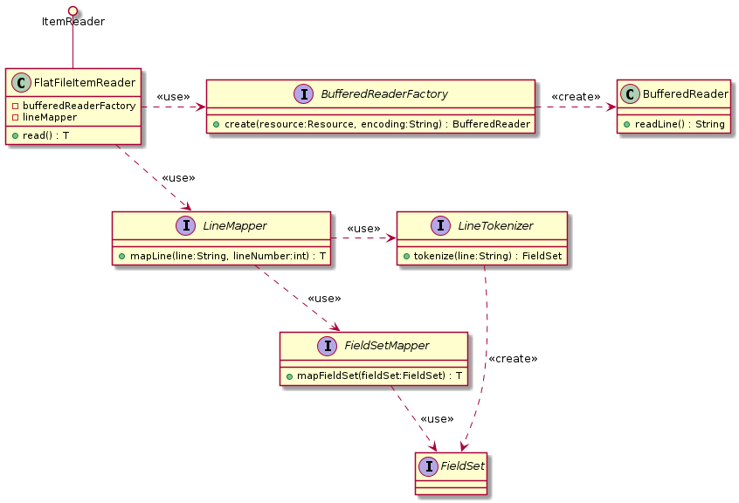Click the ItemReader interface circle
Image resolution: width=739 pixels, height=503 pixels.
point(73,10)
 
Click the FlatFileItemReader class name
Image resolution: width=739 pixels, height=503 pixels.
point(85,83)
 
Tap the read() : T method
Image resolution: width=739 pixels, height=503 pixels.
point(43,136)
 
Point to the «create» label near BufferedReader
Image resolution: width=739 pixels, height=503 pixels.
point(576,96)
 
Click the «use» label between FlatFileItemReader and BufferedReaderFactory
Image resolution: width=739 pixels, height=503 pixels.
point(173,96)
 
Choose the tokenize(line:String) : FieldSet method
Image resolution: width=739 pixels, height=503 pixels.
point(482,256)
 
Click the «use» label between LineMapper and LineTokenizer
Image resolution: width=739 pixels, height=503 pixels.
point(363,229)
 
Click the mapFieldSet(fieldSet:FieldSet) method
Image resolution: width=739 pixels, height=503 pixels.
point(373,376)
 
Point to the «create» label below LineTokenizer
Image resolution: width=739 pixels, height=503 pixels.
point(513,359)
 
